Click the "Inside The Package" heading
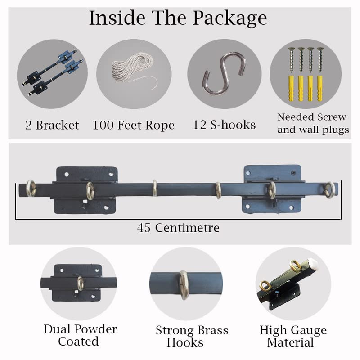pyautogui.click(x=178, y=18)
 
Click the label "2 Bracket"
pyautogui.click(x=52, y=126)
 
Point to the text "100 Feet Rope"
pyautogui.click(x=133, y=126)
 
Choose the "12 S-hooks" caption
pyautogui.click(x=224, y=125)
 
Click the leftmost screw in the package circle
pyautogui.click(x=292, y=60)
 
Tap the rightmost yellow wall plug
pyautogui.click(x=320, y=89)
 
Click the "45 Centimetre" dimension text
pyautogui.click(x=178, y=228)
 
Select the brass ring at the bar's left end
pyautogui.click(x=31, y=188)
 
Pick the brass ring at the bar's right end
pyautogui.click(x=330, y=190)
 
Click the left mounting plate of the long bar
pyautogui.click(x=85, y=190)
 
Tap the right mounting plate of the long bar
pyautogui.click(x=272, y=189)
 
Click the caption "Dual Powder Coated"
pyautogui.click(x=80, y=335)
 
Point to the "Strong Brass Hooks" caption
pyautogui.click(x=192, y=336)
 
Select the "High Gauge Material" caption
pyautogui.click(x=293, y=336)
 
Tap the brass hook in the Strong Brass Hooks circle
pyautogui.click(x=184, y=285)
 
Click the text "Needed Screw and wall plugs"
pyautogui.click(x=313, y=123)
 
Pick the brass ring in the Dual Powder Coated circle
pyautogui.click(x=80, y=283)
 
